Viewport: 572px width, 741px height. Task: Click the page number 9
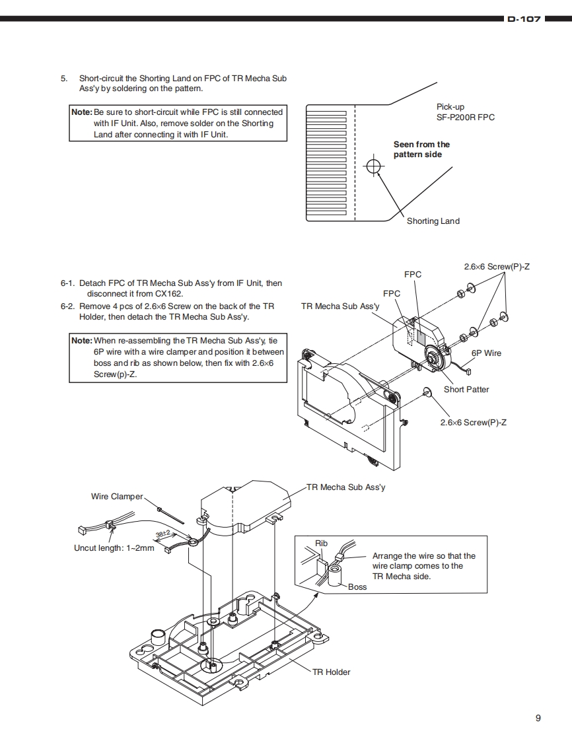(538, 719)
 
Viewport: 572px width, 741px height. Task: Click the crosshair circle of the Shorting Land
(373, 166)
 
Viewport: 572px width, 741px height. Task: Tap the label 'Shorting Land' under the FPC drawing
(433, 221)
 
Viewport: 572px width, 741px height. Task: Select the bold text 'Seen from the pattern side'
(421, 149)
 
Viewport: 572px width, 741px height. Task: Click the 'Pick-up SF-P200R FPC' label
(465, 112)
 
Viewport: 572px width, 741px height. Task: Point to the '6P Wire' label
(486, 353)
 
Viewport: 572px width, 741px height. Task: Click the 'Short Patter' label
(466, 389)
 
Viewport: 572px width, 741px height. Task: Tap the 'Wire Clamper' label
(117, 496)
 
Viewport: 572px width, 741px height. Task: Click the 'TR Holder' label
(332, 672)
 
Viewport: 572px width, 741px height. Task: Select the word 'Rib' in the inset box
(321, 544)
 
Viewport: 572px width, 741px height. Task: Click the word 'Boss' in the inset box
(357, 586)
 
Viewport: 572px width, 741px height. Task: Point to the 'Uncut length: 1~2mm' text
(114, 547)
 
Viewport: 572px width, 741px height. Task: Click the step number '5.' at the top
(64, 78)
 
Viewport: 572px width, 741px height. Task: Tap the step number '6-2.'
(67, 306)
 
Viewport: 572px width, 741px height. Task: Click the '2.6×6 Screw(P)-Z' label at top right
(497, 266)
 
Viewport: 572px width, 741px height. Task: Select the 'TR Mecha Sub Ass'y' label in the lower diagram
(346, 487)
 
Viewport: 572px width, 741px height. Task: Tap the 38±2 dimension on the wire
(163, 534)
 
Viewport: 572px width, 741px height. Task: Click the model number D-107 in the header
(524, 20)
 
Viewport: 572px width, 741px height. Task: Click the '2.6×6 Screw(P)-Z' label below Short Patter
(474, 422)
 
